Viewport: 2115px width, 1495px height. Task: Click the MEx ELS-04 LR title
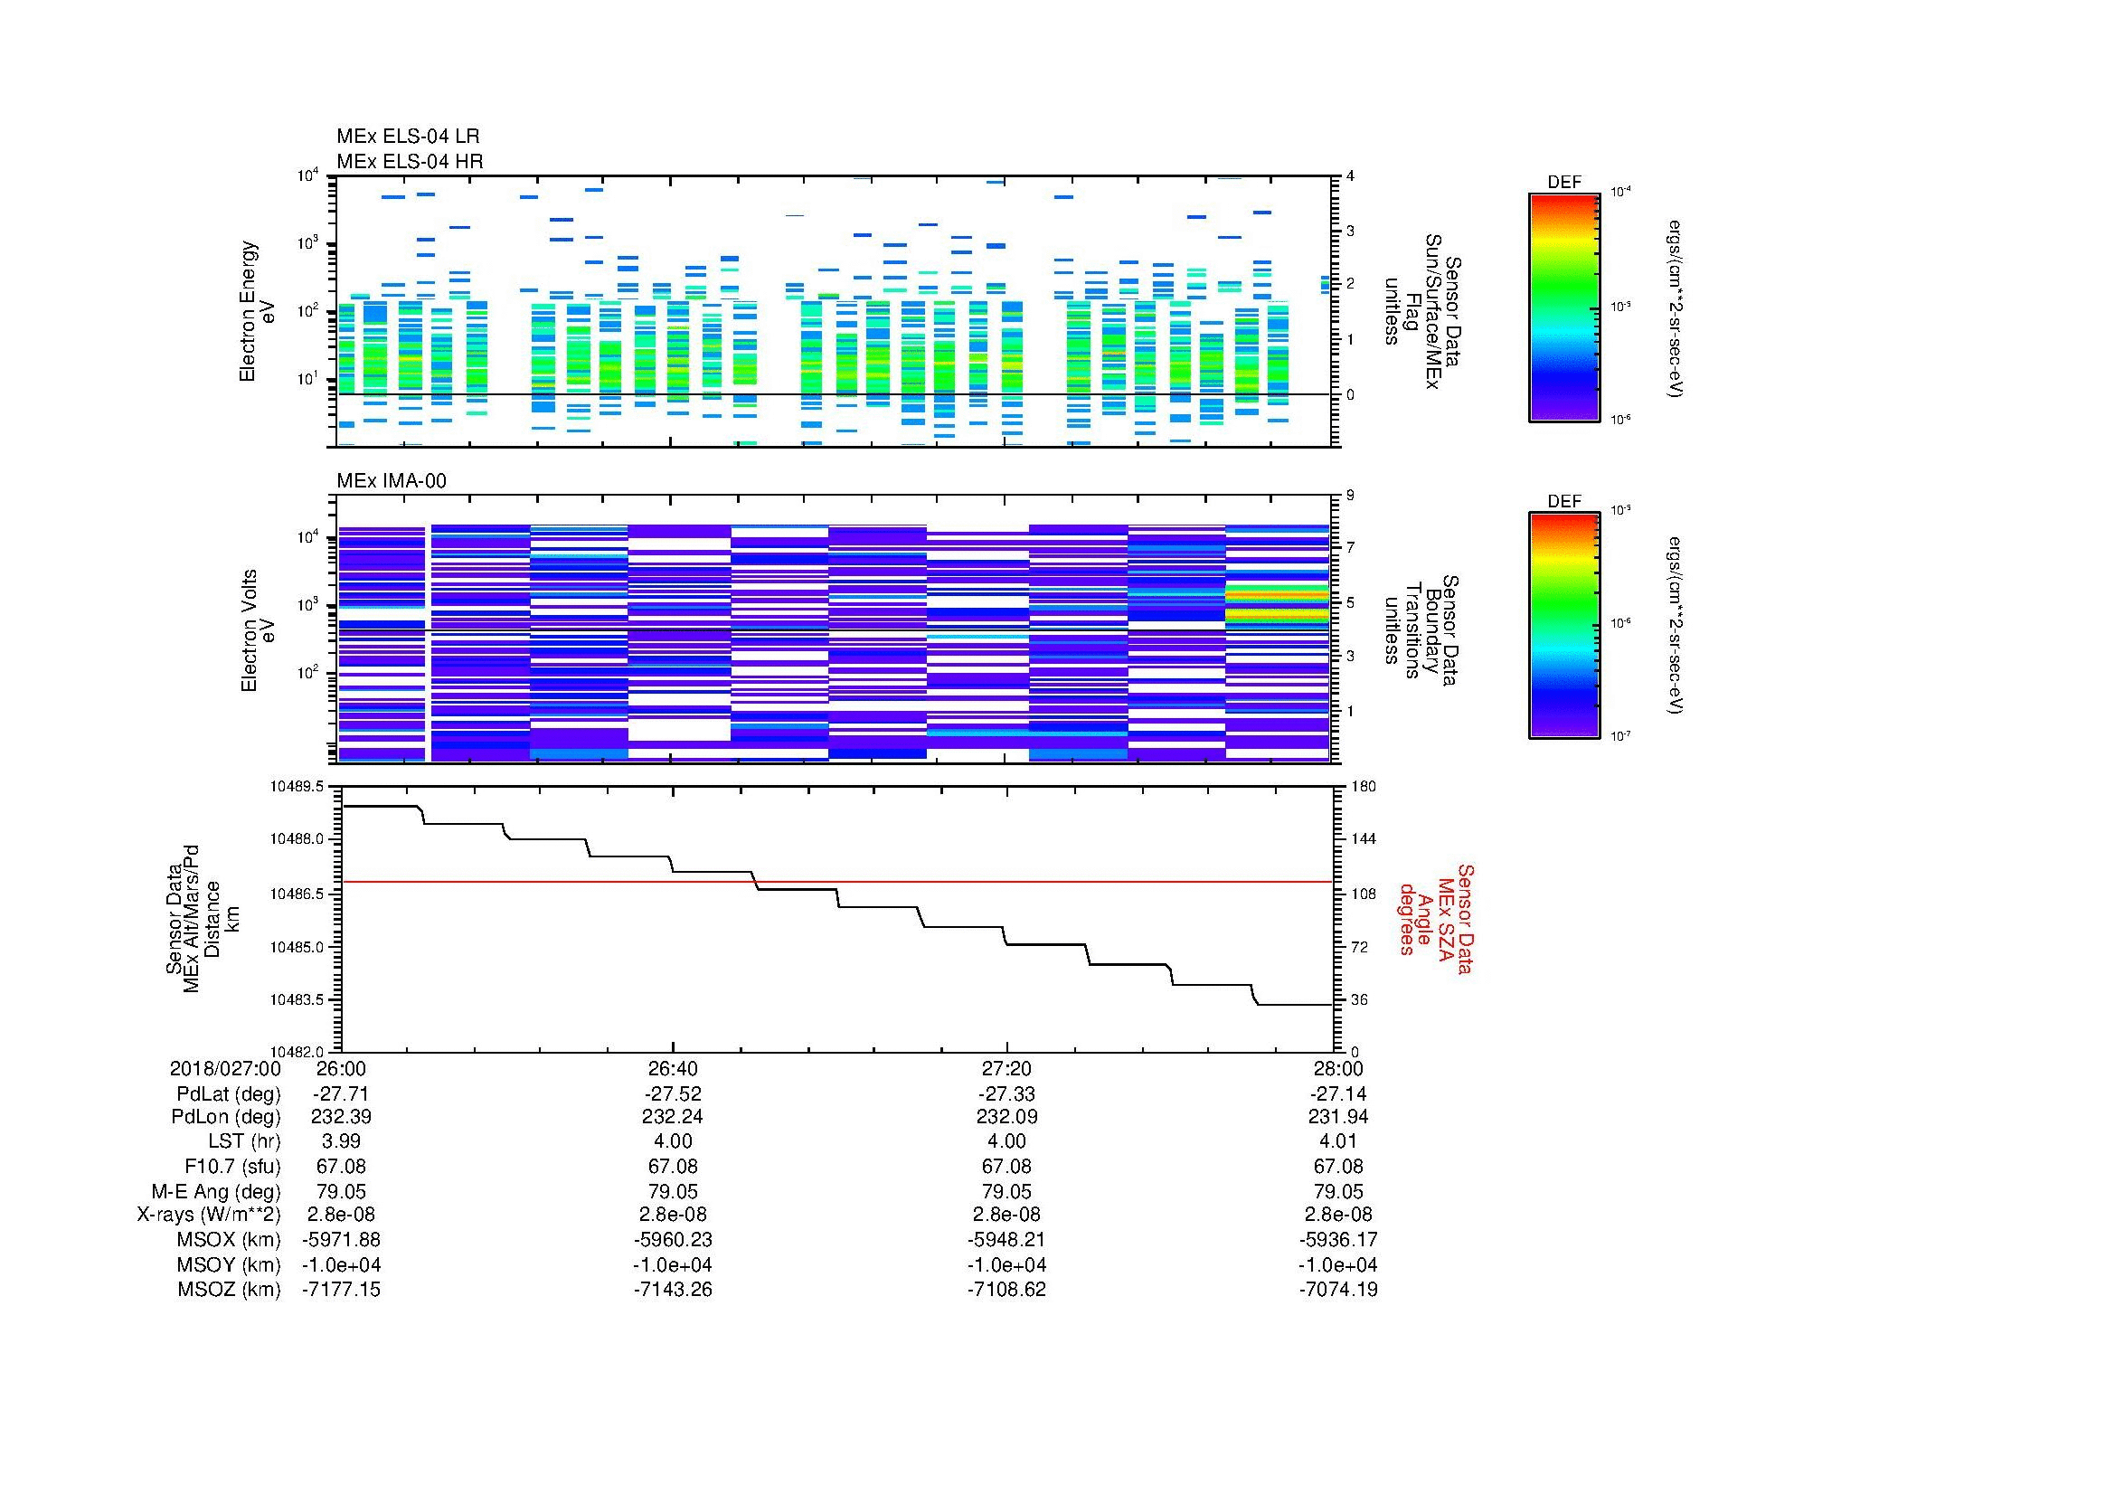coord(408,137)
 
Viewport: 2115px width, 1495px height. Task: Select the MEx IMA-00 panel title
coord(391,481)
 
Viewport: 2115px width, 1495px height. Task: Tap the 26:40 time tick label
coord(673,1068)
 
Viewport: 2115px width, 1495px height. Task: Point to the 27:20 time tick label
coord(1006,1068)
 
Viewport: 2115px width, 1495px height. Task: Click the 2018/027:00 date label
coord(225,1068)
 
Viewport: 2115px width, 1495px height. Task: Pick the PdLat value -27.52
coord(673,1094)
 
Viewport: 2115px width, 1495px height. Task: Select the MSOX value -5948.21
coord(1006,1240)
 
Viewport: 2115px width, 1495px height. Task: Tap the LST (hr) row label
coord(244,1141)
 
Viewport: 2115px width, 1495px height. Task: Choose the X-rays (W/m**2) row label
coord(209,1215)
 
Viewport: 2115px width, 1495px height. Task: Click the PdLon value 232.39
coord(341,1116)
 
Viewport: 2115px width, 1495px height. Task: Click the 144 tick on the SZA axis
coord(1363,839)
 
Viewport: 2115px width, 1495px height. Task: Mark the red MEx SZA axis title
coord(1436,919)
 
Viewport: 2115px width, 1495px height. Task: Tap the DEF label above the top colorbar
coord(1564,183)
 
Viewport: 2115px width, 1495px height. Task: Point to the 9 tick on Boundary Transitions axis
coord(1350,496)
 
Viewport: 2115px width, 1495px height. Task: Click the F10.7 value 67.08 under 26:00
coord(341,1166)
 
